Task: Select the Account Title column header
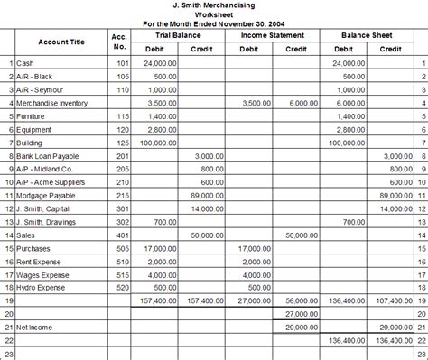click(x=61, y=42)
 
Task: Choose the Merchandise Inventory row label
click(x=51, y=104)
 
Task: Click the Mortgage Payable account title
click(x=46, y=194)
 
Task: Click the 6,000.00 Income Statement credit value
click(x=300, y=104)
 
